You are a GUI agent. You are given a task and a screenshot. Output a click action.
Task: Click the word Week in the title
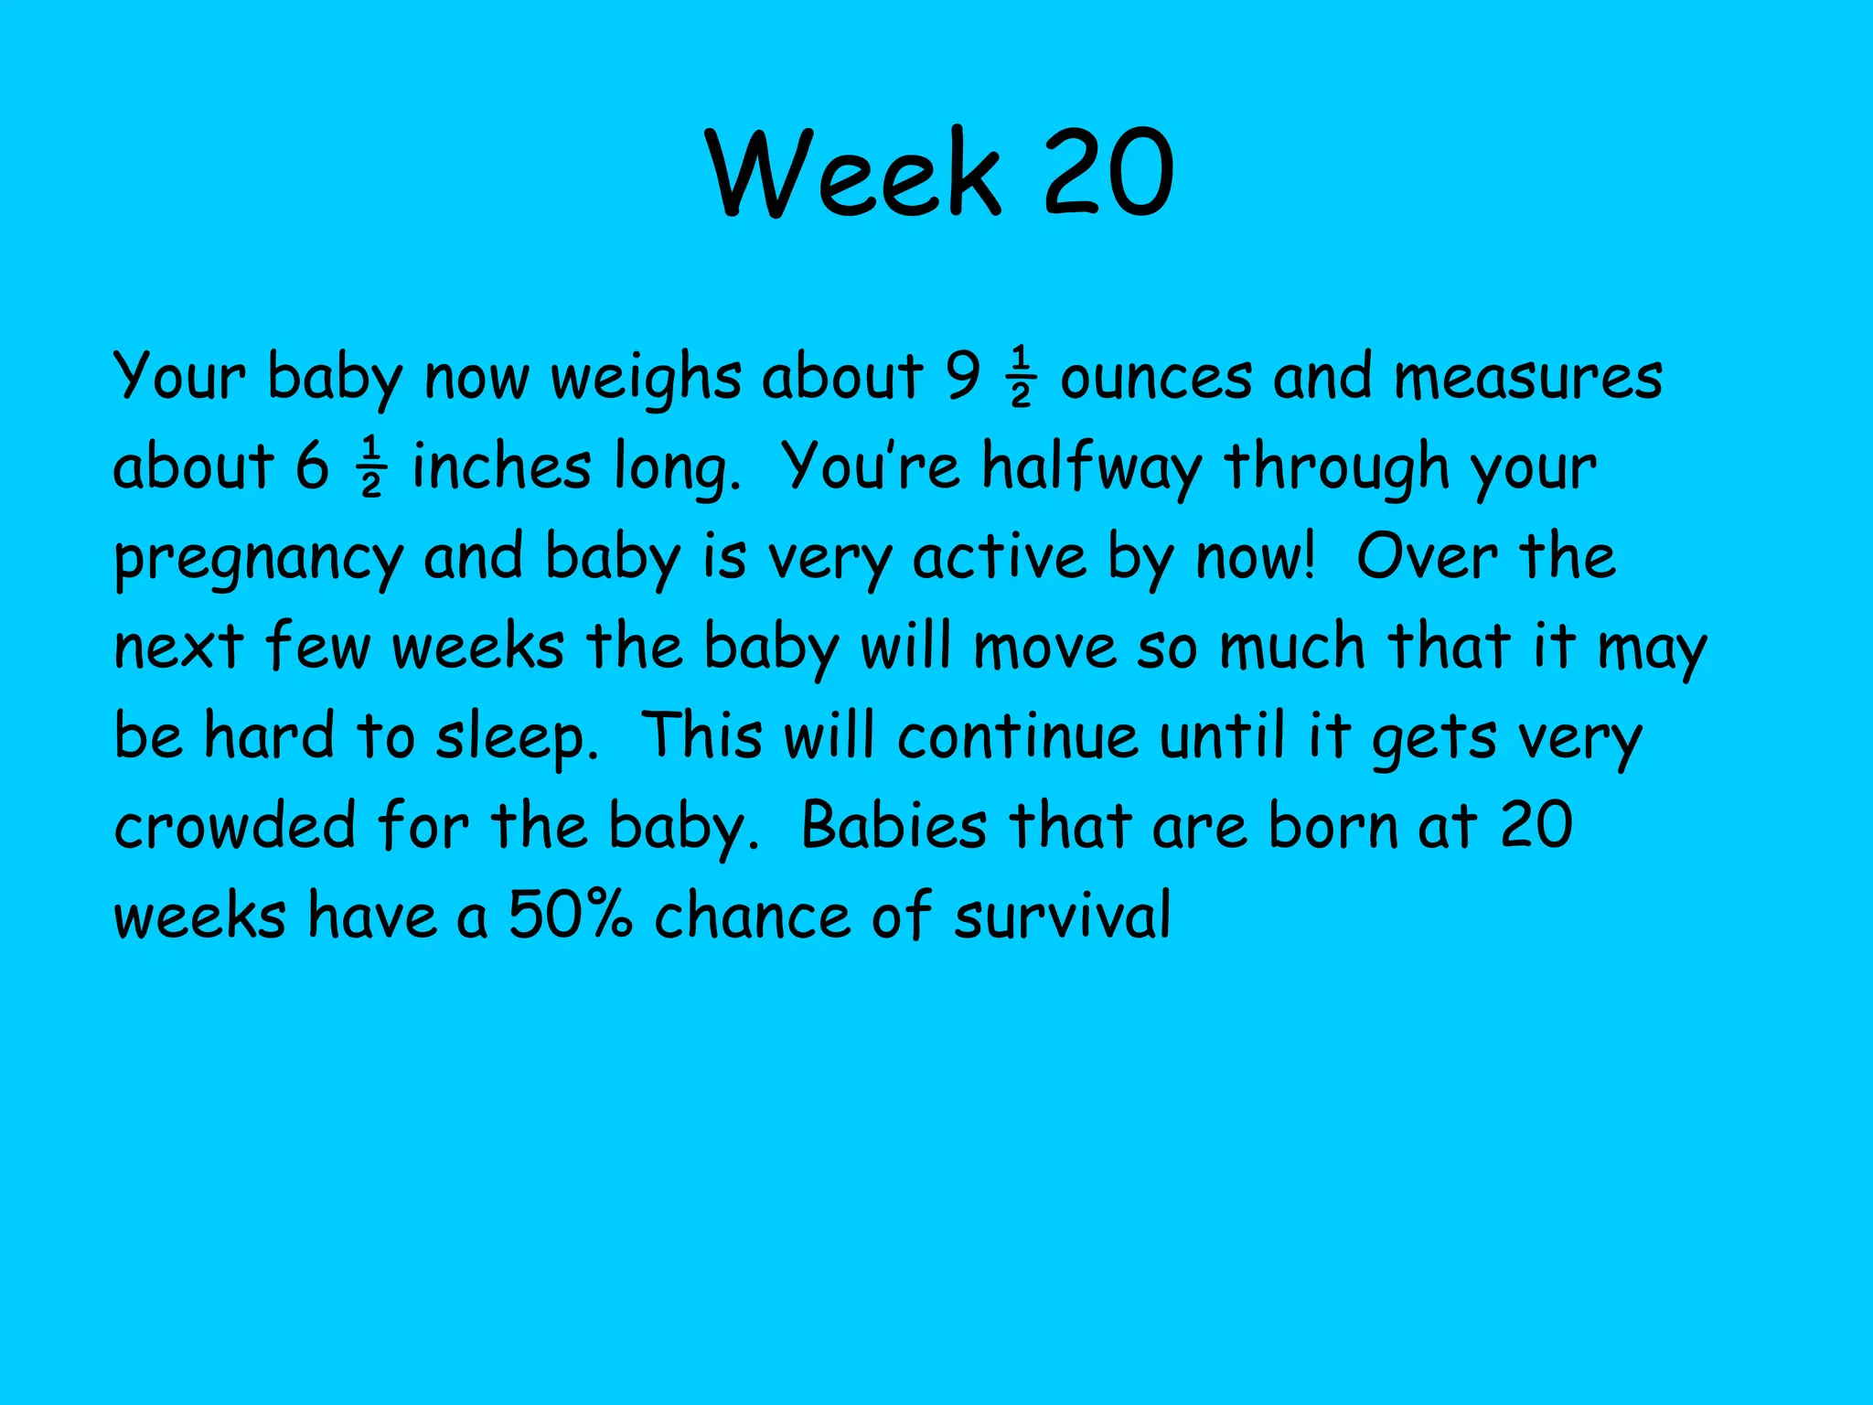854,174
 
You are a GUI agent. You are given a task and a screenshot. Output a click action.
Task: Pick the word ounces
1155,377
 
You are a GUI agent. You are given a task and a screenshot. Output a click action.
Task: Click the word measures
1528,377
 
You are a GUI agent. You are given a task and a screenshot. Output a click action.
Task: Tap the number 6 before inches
312,466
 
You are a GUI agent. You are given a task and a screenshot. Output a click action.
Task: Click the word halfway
1092,467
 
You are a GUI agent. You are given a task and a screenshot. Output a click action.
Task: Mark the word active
999,556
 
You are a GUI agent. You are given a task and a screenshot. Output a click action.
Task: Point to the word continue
1017,735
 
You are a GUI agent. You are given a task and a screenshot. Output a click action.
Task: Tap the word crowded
234,825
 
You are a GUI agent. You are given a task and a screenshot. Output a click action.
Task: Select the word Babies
894,825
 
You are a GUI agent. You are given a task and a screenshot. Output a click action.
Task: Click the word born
1333,825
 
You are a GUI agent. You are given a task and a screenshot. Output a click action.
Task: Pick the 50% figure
570,915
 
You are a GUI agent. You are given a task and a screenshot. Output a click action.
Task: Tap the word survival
1062,915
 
